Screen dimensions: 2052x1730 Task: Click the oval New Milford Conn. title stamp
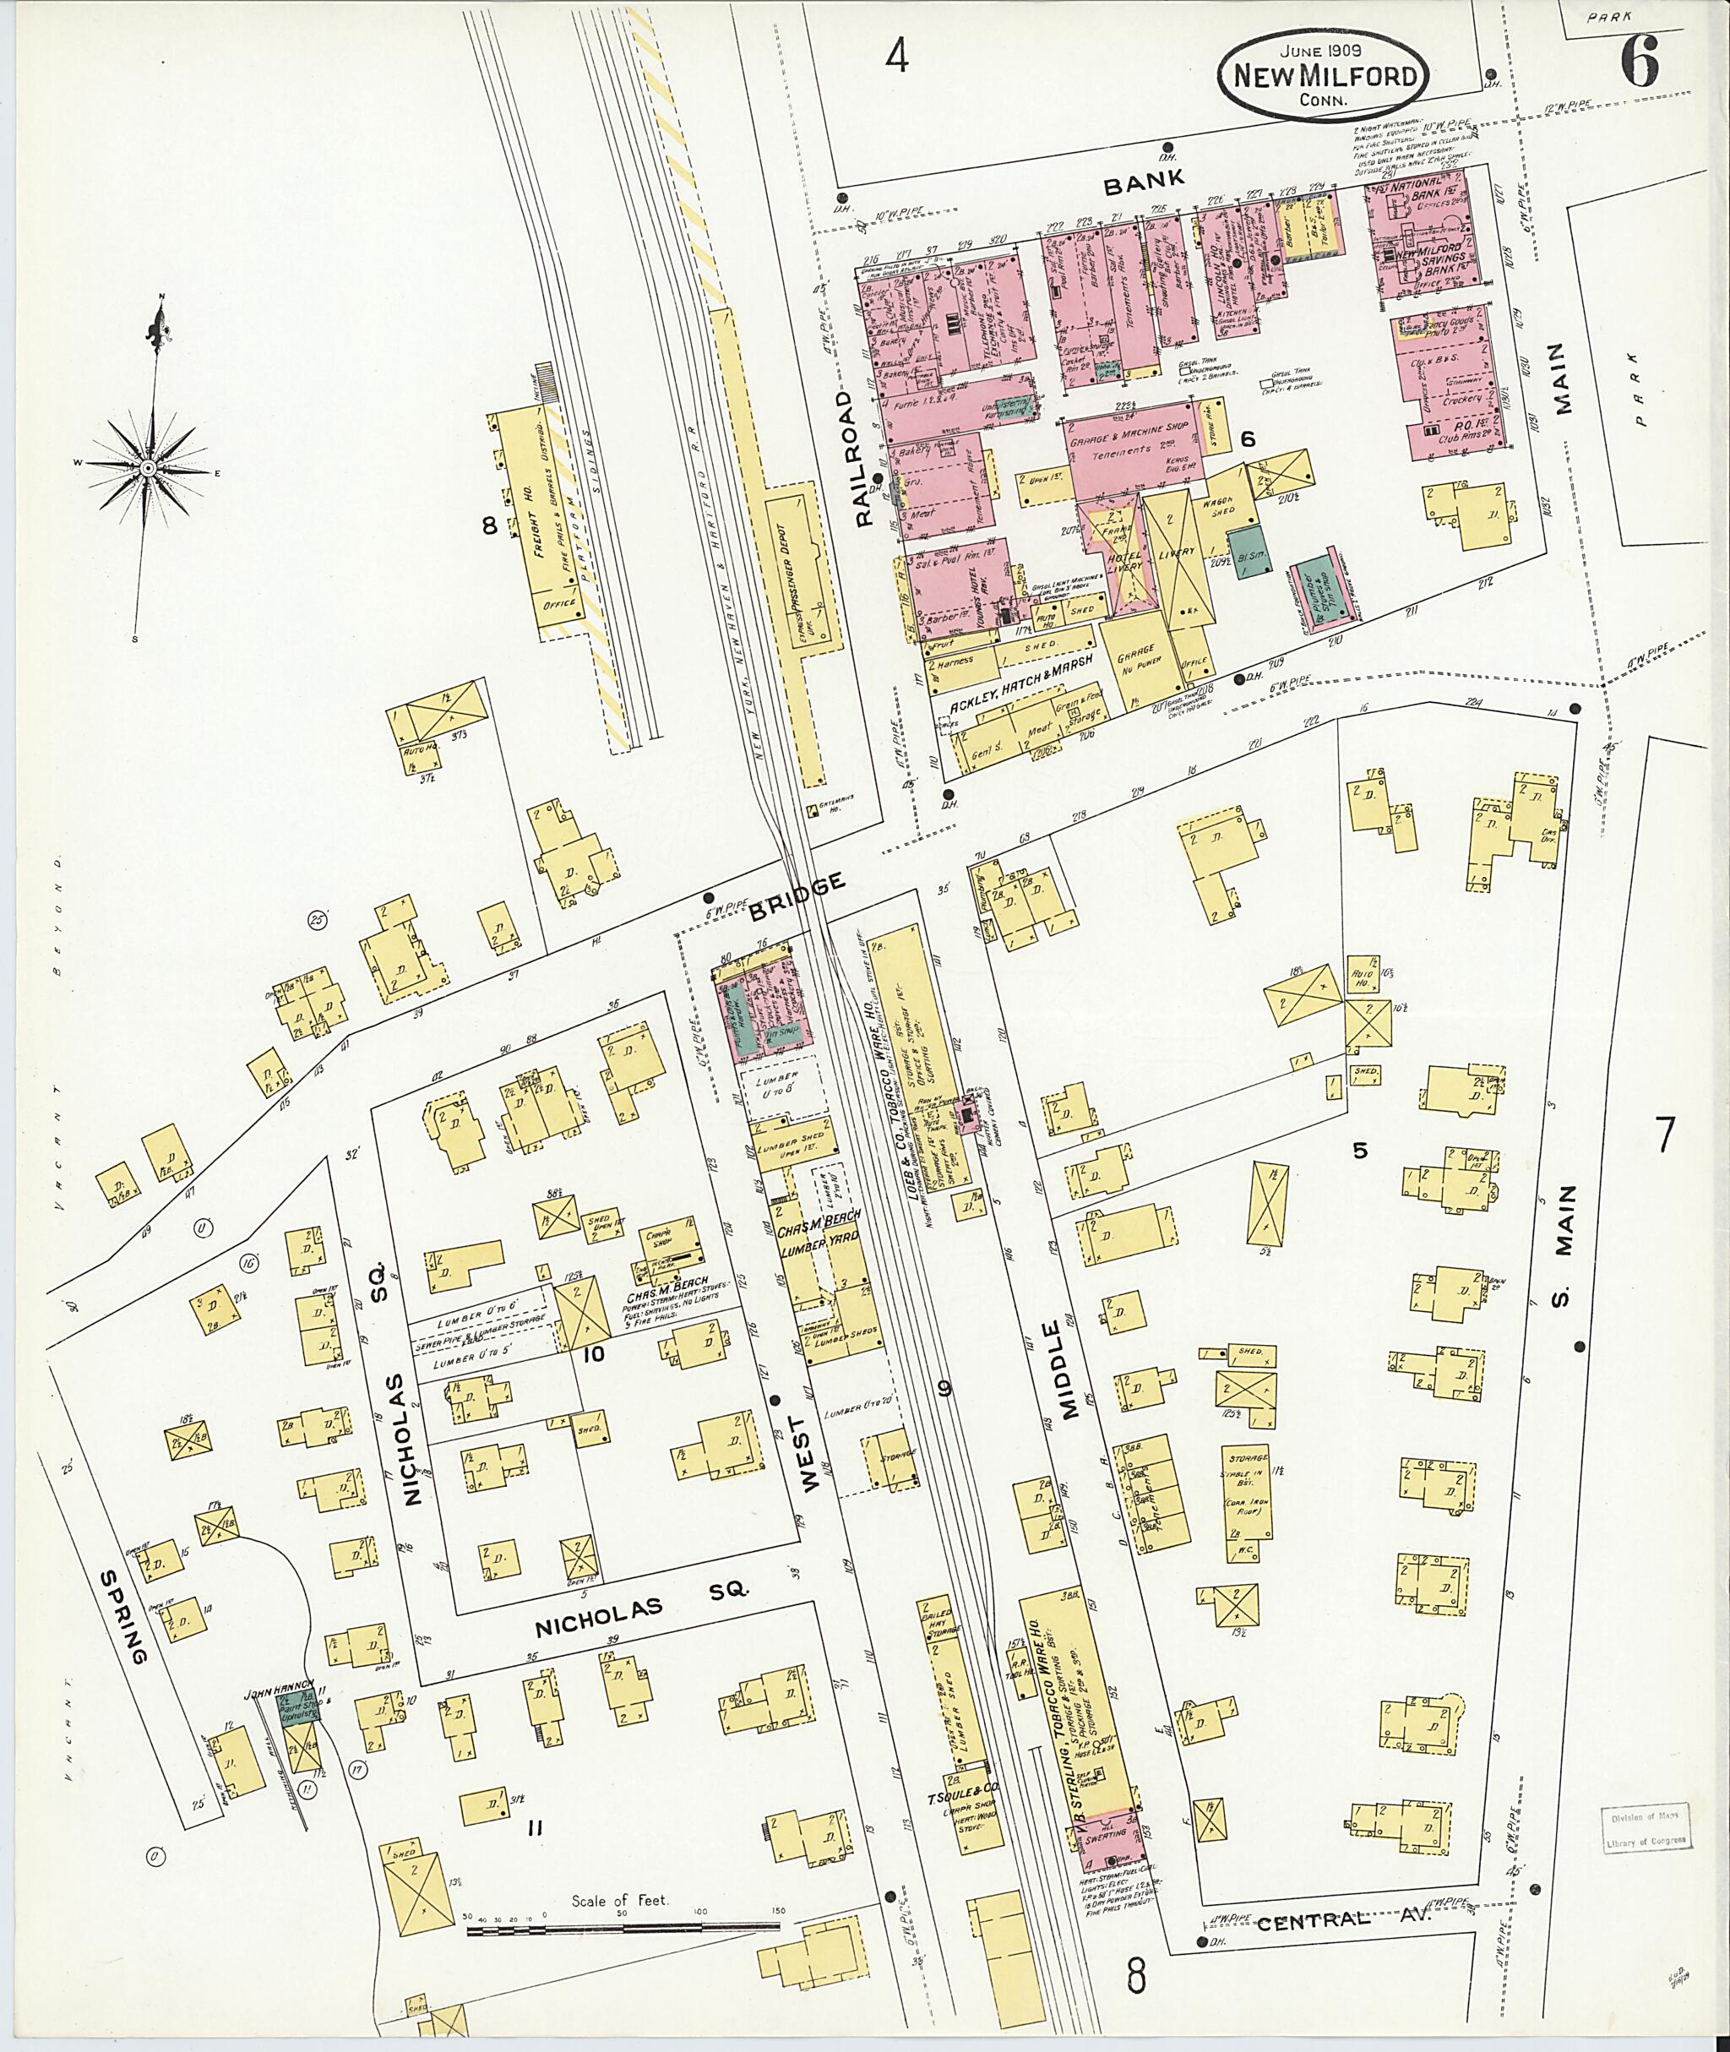tap(1323, 78)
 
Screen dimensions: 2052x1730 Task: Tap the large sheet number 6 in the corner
tap(1639, 66)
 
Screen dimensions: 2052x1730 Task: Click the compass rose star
tap(147, 469)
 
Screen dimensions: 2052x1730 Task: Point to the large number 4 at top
tap(896, 58)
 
